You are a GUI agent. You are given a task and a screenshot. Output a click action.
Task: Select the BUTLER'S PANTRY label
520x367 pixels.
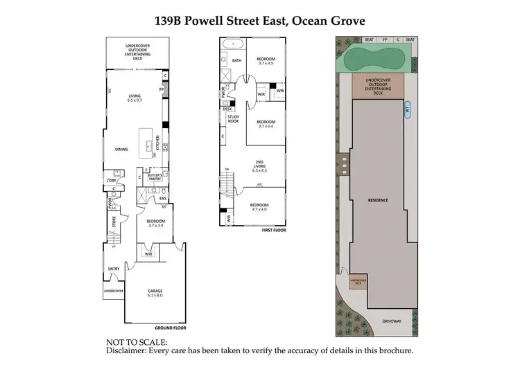coord(155,177)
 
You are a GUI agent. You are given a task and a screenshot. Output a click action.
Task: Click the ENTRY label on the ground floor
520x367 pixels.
coord(114,269)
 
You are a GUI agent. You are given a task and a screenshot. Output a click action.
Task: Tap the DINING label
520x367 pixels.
coord(122,149)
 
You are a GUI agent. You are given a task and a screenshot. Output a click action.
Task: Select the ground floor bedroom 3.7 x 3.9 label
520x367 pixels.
coord(155,223)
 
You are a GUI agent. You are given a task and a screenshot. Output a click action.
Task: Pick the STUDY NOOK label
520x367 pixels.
coord(233,119)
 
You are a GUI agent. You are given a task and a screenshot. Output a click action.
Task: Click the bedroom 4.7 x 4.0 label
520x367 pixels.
coord(259,208)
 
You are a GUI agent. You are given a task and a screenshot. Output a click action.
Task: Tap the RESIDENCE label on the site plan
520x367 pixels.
coord(378,199)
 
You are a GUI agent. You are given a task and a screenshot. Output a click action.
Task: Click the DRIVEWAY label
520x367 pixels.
coord(392,320)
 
